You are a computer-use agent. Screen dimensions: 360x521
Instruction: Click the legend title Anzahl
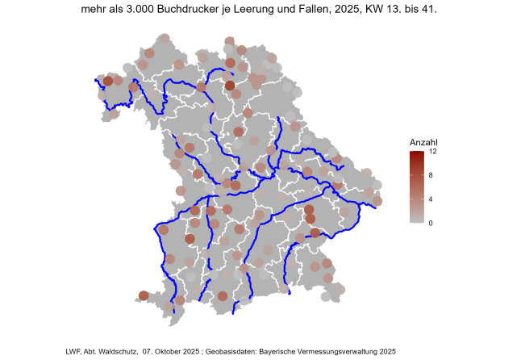tap(423, 143)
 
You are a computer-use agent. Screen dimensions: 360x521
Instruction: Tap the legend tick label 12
tap(433, 152)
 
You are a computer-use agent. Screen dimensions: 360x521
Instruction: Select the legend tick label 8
tap(431, 175)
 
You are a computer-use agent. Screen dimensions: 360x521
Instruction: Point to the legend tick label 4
tap(431, 199)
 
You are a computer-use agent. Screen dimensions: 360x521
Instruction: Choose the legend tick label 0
tap(431, 222)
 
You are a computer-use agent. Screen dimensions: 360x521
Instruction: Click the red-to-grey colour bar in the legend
tap(416, 186)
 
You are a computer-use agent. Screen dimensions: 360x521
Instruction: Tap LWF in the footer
tap(74, 352)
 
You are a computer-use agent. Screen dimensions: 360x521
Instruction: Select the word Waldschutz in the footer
tap(119, 352)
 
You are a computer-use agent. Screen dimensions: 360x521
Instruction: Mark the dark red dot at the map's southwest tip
tap(144, 295)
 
